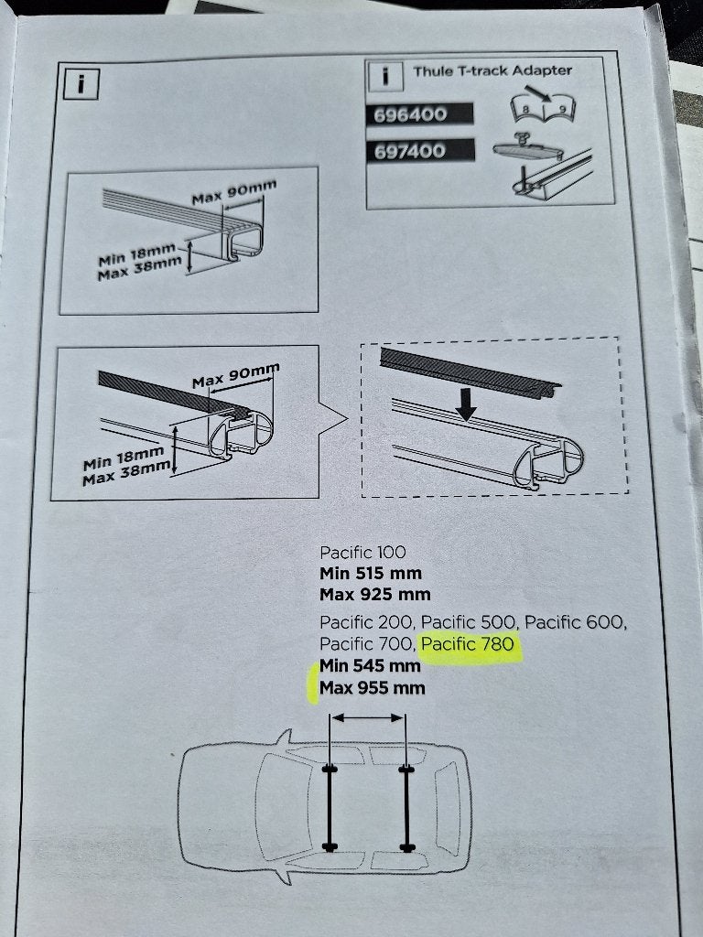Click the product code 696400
click(410, 114)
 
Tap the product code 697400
click(410, 151)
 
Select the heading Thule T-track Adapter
click(492, 70)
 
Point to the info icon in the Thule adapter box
click(385, 76)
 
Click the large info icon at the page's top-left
click(81, 83)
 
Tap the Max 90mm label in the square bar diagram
click(233, 192)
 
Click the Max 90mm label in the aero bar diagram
click(235, 376)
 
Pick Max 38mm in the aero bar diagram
click(126, 473)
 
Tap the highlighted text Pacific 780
click(468, 643)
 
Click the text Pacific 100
click(362, 552)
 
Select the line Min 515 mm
click(371, 573)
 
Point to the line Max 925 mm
click(374, 595)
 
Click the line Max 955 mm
click(373, 688)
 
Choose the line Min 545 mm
click(370, 665)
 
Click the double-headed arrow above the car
click(368, 717)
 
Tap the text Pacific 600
click(576, 622)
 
